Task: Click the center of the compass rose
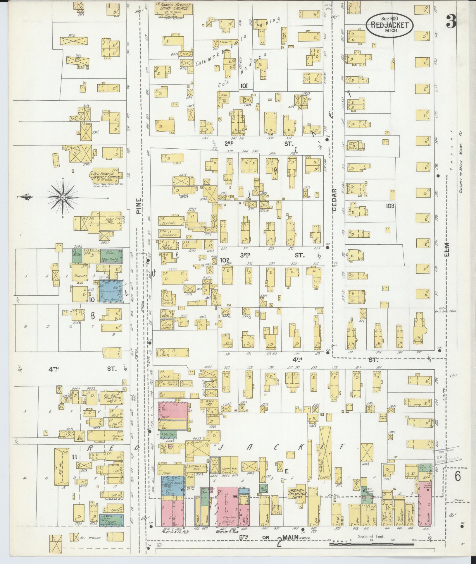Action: point(63,198)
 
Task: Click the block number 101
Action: point(244,86)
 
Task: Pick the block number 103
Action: point(390,206)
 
